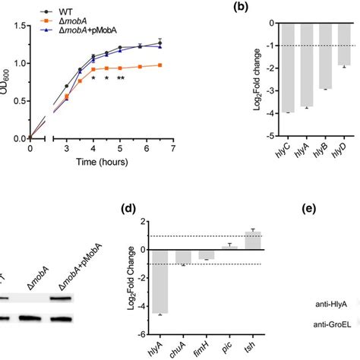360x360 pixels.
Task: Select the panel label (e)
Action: (333, 207)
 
